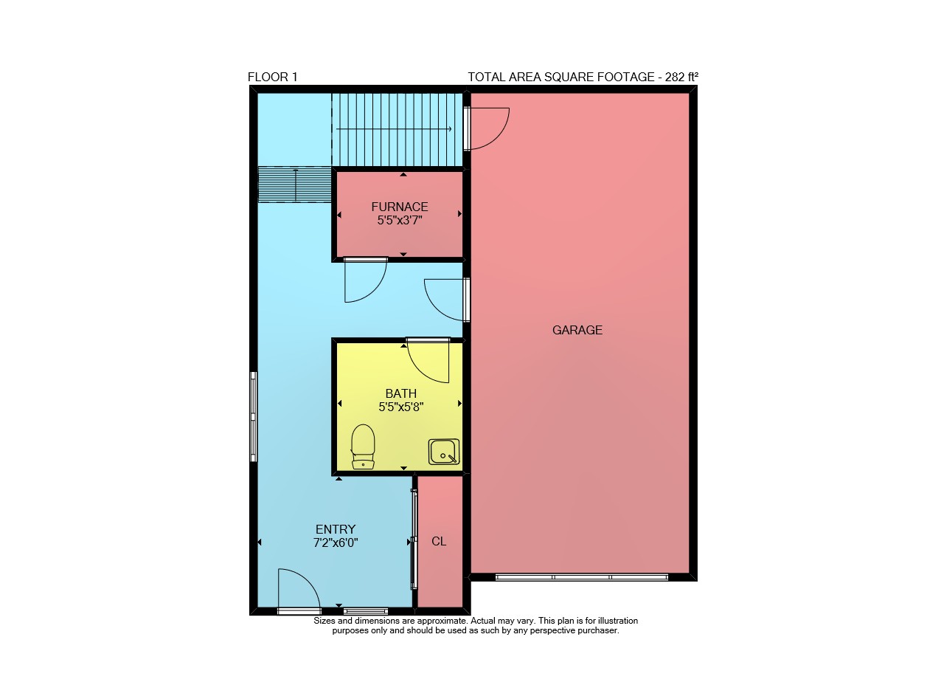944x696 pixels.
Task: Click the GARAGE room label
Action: point(577,330)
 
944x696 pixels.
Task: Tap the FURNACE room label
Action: point(400,207)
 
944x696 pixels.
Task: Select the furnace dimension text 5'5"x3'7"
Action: point(400,220)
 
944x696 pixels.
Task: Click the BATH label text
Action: point(400,393)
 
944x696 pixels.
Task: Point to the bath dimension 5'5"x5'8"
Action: point(400,407)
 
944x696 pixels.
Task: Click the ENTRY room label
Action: point(336,529)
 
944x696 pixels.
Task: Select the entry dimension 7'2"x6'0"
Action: point(336,542)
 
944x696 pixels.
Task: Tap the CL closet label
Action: point(439,541)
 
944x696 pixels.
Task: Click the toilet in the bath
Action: point(363,447)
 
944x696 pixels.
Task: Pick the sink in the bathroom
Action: point(444,452)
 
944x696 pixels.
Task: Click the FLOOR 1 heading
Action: point(273,77)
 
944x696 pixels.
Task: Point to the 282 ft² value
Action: point(681,77)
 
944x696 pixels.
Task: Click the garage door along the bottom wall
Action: point(582,577)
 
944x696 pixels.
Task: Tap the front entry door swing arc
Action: point(308,579)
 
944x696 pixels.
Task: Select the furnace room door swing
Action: point(375,292)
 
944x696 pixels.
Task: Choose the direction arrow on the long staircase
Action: point(394,129)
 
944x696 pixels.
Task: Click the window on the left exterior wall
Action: point(253,416)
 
